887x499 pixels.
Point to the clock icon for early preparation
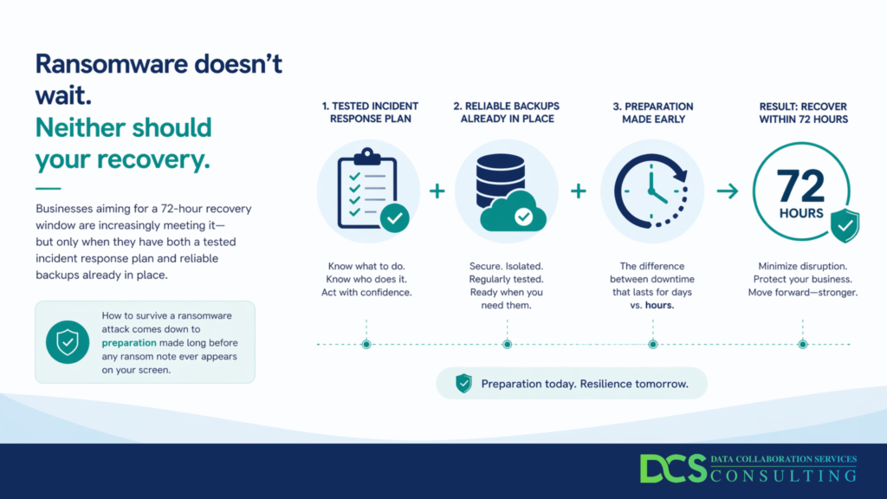click(651, 191)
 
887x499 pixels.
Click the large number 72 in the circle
click(800, 186)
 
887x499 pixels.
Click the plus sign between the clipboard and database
click(437, 191)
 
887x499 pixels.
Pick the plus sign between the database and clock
click(578, 191)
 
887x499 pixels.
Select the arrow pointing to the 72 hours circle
click(728, 191)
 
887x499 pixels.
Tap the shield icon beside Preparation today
click(464, 383)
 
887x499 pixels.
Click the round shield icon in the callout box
click(68, 341)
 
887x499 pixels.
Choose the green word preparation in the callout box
click(129, 343)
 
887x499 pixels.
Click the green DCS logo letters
click(673, 469)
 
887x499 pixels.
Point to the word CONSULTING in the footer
click(783, 476)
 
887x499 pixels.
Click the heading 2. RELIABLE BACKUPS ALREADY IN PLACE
click(506, 113)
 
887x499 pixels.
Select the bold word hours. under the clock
click(659, 306)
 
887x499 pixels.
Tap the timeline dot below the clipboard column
click(366, 344)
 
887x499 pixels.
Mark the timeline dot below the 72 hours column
click(802, 344)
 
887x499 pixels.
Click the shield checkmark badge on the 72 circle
click(845, 225)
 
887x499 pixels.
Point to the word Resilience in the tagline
click(605, 384)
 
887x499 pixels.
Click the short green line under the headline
click(49, 188)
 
